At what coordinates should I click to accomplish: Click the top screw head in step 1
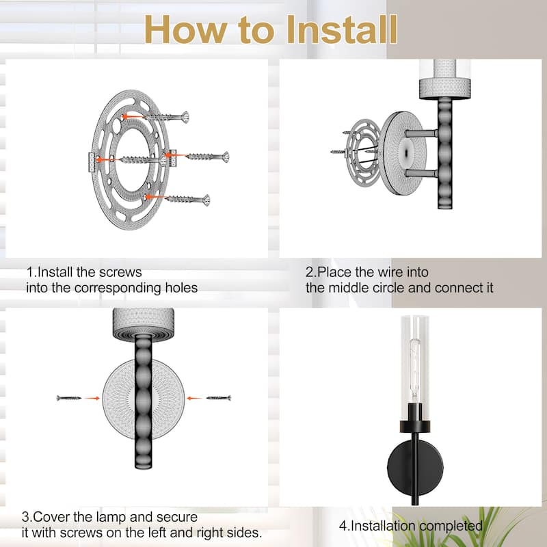point(185,117)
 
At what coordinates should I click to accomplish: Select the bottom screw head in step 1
point(206,200)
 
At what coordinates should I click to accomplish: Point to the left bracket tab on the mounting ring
point(92,163)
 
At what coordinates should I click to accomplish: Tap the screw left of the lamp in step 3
point(69,398)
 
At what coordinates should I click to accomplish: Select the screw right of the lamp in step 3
point(219,398)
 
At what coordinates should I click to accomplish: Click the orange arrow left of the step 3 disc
point(92,398)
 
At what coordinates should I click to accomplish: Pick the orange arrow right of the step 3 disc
point(195,398)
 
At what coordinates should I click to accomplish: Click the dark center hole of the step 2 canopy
point(405,153)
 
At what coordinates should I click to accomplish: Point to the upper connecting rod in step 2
point(421,133)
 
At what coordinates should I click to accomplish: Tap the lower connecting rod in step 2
point(421,173)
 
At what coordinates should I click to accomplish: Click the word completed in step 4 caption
point(451,526)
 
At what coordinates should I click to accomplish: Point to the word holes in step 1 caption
point(181,288)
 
